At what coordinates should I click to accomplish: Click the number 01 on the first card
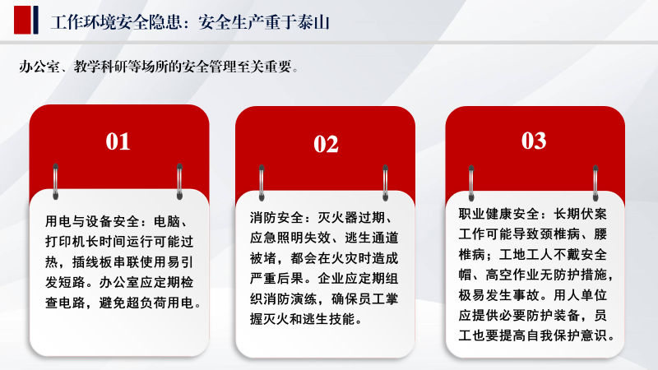118,141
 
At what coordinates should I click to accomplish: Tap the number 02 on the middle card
326,145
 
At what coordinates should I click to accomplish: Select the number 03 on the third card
534,141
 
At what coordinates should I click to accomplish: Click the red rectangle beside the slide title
22,20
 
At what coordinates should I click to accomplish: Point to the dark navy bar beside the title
35,20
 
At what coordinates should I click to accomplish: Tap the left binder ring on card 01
55,182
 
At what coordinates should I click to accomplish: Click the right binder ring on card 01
179,182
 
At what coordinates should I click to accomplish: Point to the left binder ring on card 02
262,183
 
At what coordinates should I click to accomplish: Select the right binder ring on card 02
385,183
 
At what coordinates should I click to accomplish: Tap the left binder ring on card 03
471,183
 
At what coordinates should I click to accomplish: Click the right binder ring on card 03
595,183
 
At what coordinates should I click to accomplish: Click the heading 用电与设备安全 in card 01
92,221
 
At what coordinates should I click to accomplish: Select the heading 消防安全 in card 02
276,217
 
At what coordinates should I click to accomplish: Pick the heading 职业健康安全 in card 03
498,214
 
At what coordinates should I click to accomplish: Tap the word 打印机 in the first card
65,242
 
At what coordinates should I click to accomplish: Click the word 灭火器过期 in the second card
351,217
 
